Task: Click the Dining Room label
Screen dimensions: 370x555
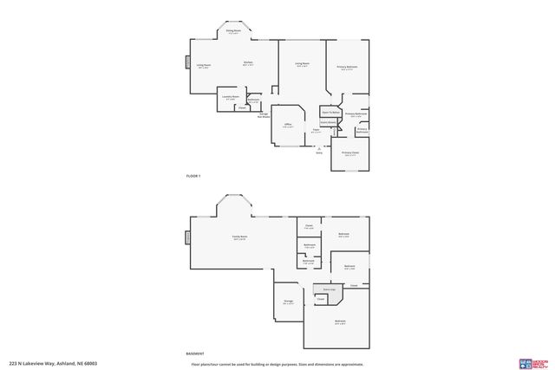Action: [x=233, y=32]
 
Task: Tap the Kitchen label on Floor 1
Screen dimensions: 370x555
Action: [x=248, y=63]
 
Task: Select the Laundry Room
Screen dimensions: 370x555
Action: [x=230, y=97]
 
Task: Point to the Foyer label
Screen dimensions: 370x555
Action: [x=317, y=131]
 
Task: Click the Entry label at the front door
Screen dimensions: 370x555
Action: [x=318, y=153]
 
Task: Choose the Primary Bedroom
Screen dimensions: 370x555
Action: [x=348, y=68]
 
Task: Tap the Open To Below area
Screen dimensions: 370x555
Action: [x=330, y=113]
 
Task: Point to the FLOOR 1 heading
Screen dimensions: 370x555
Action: [x=193, y=176]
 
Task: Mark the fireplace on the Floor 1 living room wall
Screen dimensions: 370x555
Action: [x=186, y=62]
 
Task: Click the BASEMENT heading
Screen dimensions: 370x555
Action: [x=195, y=354]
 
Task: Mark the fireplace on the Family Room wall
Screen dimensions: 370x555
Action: [x=186, y=237]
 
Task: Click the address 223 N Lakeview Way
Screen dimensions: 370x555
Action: [x=52, y=363]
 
